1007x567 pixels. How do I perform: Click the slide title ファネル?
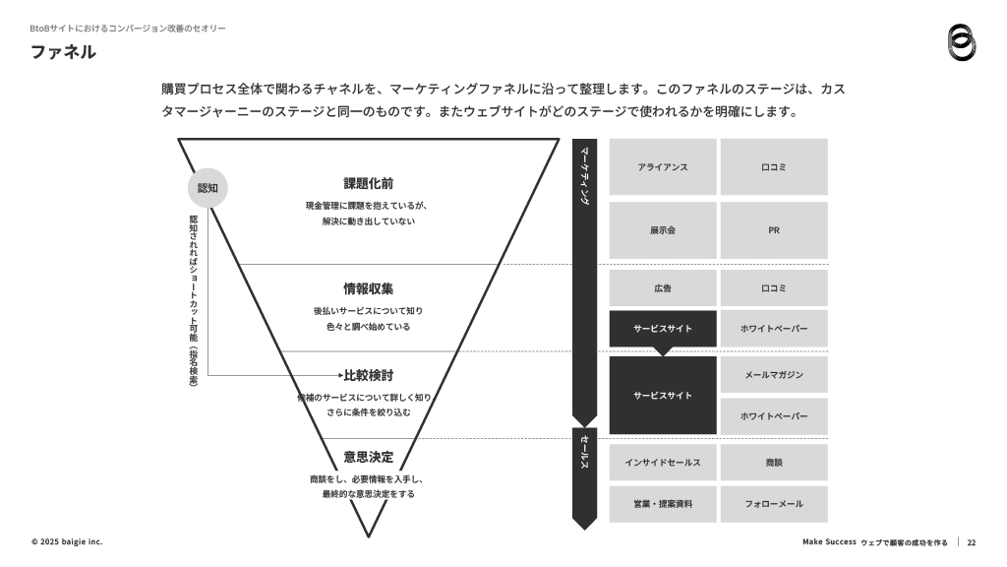point(63,52)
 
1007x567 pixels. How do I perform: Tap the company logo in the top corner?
point(962,43)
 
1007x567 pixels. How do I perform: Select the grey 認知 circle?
point(207,188)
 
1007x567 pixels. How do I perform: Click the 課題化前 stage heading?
point(368,184)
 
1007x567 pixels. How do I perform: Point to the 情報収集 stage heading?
point(368,289)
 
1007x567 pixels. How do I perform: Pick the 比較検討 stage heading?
point(368,375)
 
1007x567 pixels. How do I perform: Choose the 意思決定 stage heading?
point(368,457)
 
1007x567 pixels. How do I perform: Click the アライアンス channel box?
point(663,167)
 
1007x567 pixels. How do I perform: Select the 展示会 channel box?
point(663,230)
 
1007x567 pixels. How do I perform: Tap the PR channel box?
point(774,230)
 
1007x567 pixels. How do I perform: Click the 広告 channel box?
point(663,288)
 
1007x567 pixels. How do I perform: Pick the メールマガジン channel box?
point(774,375)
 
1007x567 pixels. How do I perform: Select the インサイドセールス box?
point(663,463)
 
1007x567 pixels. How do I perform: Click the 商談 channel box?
point(774,463)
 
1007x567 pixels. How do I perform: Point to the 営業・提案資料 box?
point(663,504)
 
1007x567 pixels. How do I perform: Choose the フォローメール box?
point(774,504)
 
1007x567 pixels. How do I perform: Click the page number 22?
point(971,542)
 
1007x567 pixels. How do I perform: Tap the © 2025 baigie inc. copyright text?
point(67,542)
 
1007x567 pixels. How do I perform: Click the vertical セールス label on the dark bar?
point(584,452)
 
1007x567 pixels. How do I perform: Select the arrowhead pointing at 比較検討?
point(340,375)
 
